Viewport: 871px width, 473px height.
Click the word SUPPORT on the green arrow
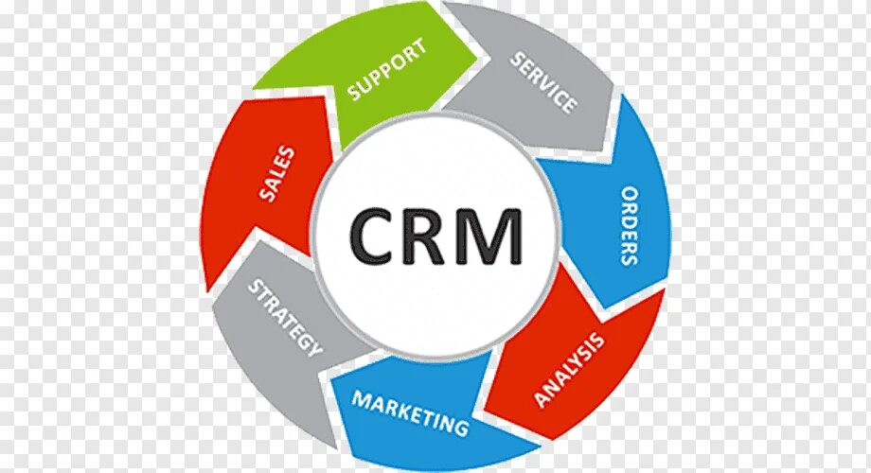387,68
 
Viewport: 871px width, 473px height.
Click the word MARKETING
410,412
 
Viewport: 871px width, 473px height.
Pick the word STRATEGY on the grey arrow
285,317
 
